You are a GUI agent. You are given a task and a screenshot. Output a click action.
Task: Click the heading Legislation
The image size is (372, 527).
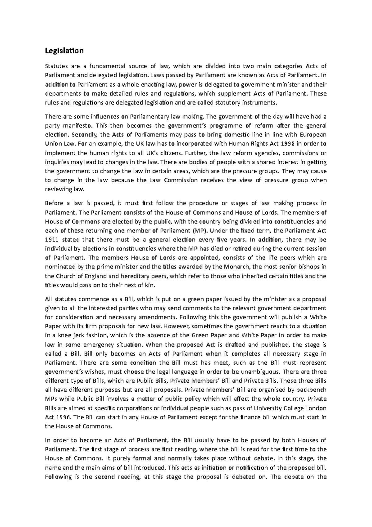(64, 51)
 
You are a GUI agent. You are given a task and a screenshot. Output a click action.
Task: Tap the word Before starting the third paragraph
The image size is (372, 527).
(53, 203)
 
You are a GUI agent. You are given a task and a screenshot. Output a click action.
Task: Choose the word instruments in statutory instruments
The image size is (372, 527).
(259, 102)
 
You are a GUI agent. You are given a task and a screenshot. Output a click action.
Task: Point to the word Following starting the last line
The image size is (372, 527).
(58, 477)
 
